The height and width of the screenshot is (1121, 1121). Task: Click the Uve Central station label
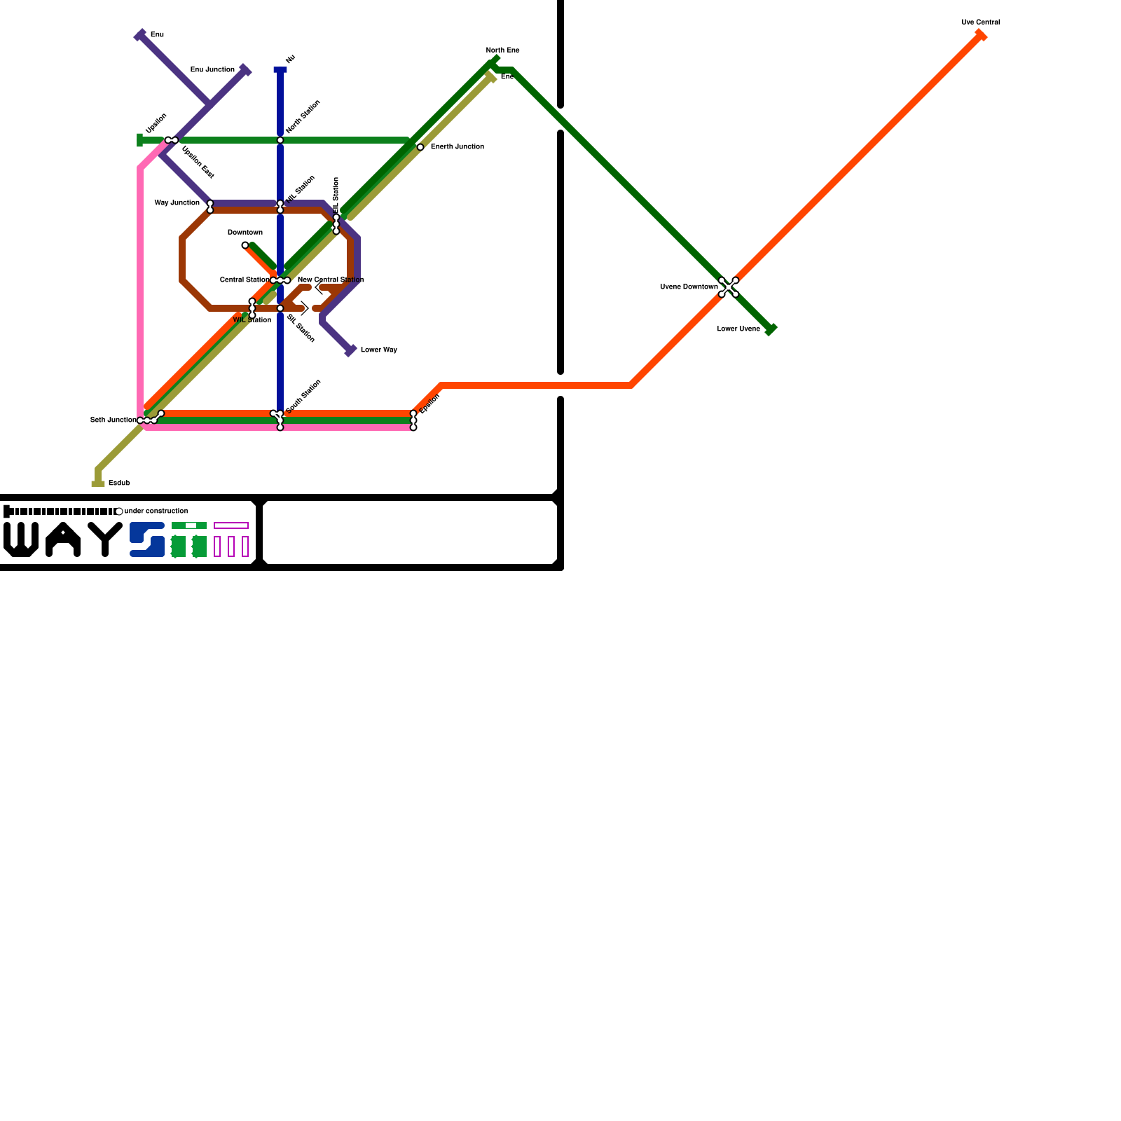(x=980, y=22)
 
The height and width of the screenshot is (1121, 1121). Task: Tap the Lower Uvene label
(x=738, y=329)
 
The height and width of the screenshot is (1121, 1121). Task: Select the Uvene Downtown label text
(x=689, y=287)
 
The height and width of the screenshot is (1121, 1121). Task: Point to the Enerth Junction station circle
(x=420, y=147)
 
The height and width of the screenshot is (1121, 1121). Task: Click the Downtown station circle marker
(x=245, y=245)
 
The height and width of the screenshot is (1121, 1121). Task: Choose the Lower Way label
(x=378, y=350)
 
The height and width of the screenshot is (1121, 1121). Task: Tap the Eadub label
(x=119, y=483)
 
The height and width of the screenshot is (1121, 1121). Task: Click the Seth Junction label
(x=113, y=420)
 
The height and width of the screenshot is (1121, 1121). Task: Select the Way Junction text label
(x=177, y=202)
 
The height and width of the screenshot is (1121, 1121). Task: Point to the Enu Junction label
(x=212, y=69)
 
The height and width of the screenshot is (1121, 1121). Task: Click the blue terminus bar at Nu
(x=280, y=69)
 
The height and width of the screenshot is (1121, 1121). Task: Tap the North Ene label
(x=502, y=50)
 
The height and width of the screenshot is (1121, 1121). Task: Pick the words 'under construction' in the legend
(x=156, y=511)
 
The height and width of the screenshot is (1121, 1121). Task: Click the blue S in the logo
(x=147, y=539)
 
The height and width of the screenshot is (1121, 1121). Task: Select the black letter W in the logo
(x=21, y=539)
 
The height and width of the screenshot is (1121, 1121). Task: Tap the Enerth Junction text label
(x=457, y=146)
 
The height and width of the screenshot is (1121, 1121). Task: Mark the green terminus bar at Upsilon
(x=140, y=140)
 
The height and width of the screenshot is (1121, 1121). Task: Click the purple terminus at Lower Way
(x=351, y=351)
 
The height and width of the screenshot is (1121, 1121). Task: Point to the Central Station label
(x=244, y=280)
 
